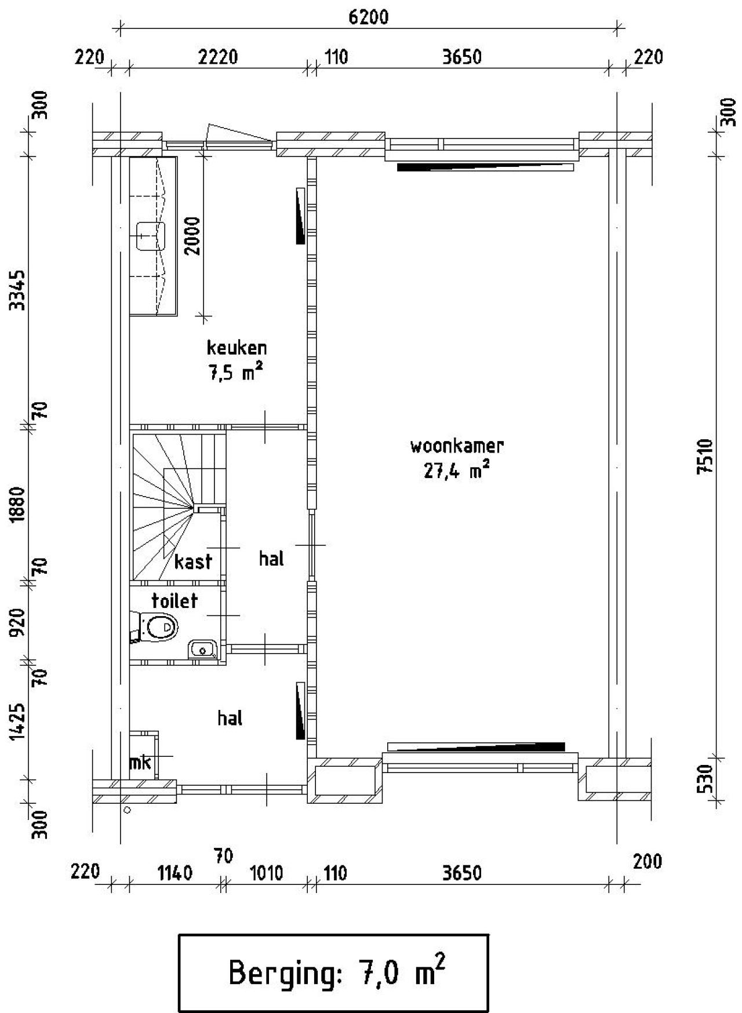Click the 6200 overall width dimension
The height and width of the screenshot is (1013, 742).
coord(368,17)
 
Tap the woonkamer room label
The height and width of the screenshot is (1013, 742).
coord(457,446)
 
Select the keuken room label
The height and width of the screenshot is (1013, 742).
coord(237,348)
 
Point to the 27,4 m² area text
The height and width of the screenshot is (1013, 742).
coord(457,471)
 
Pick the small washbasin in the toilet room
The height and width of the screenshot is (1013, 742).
coord(202,649)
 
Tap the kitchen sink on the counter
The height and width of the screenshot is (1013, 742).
coord(151,236)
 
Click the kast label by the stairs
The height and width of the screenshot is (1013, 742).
coord(193,561)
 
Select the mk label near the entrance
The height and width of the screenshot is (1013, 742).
coord(140,763)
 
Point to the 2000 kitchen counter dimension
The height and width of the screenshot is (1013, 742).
coord(192,236)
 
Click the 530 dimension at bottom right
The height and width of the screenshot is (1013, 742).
coord(705,780)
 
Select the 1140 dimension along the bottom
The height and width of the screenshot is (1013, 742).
coord(175,873)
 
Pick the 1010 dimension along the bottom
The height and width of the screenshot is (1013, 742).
coord(266,873)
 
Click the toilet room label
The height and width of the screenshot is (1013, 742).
coord(174,600)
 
